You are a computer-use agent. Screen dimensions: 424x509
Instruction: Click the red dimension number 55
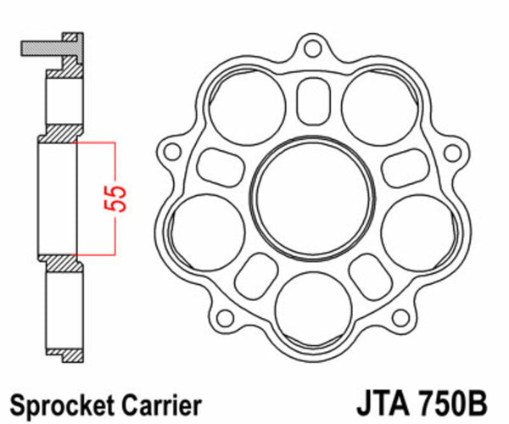120,198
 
